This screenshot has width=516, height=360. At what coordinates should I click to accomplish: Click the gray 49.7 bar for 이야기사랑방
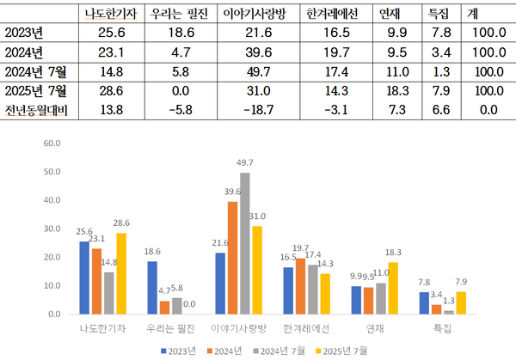pyautogui.click(x=244, y=243)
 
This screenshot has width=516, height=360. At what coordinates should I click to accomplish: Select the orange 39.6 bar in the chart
pyautogui.click(x=232, y=258)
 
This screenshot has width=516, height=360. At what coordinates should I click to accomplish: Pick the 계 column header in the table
pyautogui.click(x=472, y=15)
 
